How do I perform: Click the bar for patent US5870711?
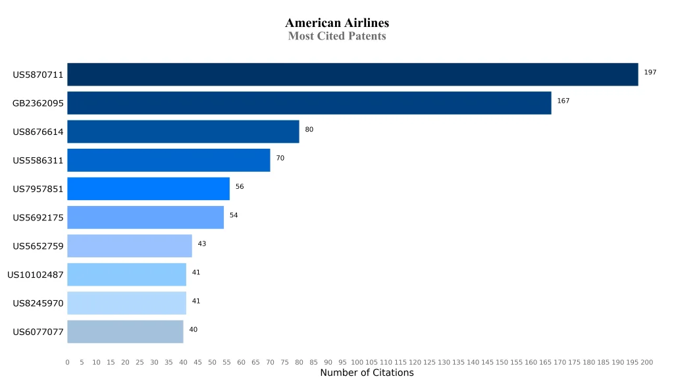point(352,74)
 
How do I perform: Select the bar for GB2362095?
point(309,103)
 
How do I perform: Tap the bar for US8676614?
point(183,132)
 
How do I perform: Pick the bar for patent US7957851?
point(148,189)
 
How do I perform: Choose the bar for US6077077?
point(125,332)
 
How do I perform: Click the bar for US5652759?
point(129,246)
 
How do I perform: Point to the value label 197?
point(650,72)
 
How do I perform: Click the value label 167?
point(563,101)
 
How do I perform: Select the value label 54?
point(234,215)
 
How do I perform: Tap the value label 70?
point(280,158)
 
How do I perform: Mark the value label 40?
point(193,329)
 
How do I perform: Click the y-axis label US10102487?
point(36,274)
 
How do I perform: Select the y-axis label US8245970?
point(38,303)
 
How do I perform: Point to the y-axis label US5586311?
point(38,161)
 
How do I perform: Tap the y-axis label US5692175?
point(38,218)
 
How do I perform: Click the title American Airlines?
point(337,23)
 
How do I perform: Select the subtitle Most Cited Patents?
point(337,36)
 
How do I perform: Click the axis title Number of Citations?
point(367,373)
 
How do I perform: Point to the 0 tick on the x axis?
point(67,363)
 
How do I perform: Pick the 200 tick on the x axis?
point(647,363)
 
